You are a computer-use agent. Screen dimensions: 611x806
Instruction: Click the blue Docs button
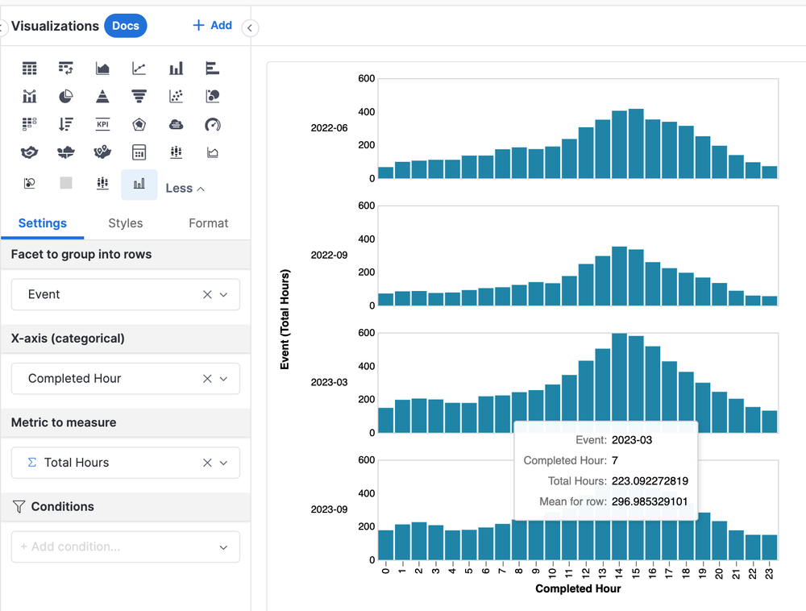coord(125,26)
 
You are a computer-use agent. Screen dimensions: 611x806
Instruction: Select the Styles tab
coord(125,223)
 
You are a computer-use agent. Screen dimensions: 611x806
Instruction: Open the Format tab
coord(208,223)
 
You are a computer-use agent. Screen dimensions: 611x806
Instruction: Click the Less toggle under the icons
coord(185,188)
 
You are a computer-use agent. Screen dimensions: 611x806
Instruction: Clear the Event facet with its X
coord(207,294)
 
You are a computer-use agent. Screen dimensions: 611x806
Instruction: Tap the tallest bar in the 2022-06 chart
coord(636,143)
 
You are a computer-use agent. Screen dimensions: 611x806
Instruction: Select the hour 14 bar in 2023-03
coord(619,384)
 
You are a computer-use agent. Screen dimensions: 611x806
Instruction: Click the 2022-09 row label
coord(329,255)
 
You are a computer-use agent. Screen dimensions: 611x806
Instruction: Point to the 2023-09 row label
coord(329,509)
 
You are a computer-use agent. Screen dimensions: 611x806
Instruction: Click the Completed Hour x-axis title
coord(578,588)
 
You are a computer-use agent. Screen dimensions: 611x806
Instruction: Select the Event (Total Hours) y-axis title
coord(285,319)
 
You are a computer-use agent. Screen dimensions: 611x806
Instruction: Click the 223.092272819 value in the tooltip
coord(650,481)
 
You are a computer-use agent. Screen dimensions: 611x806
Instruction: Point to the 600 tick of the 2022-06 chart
coord(367,78)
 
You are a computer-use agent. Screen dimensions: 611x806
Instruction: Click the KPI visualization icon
coord(102,124)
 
